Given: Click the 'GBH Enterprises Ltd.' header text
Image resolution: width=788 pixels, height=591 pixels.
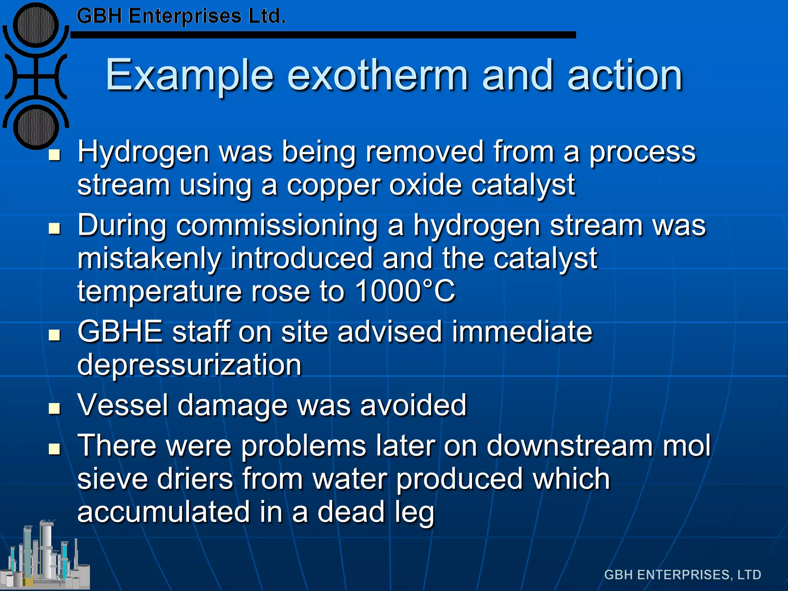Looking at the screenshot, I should (x=181, y=16).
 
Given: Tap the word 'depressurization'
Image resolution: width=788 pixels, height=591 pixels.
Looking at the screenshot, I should (x=189, y=365).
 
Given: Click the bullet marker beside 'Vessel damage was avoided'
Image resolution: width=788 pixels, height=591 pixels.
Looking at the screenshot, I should (x=55, y=408).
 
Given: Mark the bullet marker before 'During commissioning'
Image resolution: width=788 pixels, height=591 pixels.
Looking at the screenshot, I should (x=55, y=229).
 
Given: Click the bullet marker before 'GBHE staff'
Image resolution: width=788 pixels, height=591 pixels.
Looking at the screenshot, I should (x=55, y=335).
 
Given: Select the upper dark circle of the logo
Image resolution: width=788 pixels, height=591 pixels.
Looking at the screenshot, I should (x=35, y=25).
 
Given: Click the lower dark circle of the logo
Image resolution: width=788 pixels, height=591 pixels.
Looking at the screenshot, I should (x=35, y=127).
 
